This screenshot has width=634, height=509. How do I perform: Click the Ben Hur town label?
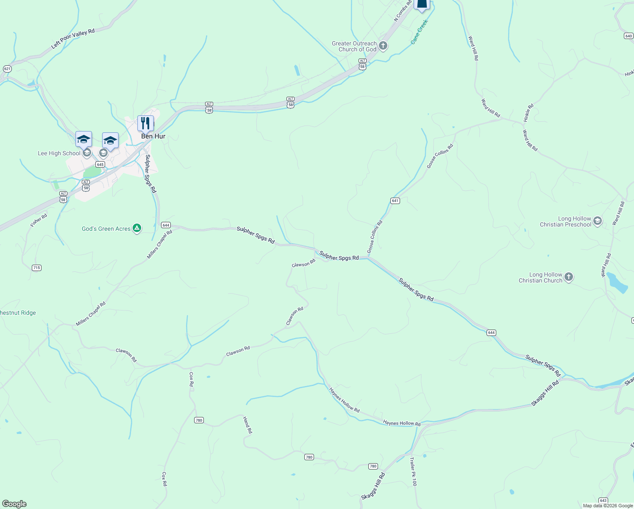153,136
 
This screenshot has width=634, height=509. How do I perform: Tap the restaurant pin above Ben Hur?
145,123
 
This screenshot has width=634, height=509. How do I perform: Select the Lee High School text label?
59,153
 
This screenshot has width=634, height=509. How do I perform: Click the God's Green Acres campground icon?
136,229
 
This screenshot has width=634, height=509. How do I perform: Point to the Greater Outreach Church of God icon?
383,46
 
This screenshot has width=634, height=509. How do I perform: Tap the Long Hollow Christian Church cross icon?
569,277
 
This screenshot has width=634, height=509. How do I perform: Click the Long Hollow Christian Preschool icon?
598,221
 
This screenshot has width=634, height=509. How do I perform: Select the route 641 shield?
395,201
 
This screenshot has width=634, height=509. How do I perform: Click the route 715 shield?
37,268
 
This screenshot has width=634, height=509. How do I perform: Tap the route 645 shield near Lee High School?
100,164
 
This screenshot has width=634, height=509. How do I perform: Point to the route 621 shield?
7,69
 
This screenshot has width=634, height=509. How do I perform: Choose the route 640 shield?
628,36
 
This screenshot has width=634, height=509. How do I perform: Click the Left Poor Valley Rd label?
73,39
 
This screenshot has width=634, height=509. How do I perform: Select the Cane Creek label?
420,32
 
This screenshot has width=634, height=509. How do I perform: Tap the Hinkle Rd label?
528,113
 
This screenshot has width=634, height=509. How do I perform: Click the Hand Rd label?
247,425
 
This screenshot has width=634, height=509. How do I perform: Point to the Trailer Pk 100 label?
413,471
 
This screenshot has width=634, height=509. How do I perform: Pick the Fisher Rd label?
39,220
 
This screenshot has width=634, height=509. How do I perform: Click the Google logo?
14,504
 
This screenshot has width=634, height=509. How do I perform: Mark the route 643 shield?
603,501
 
